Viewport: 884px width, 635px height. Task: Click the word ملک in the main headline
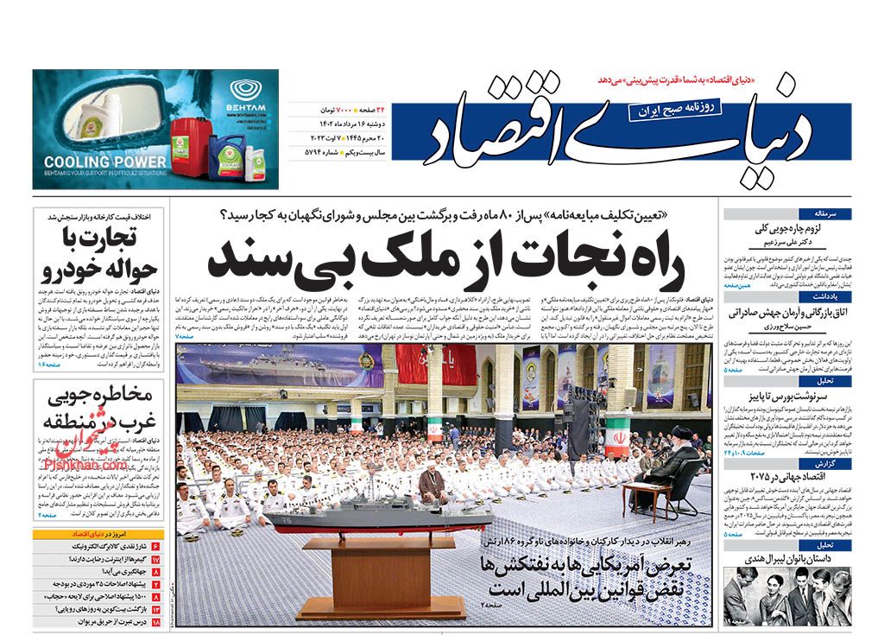tap(399, 256)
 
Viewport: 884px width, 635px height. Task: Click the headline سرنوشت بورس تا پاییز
tap(803, 392)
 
